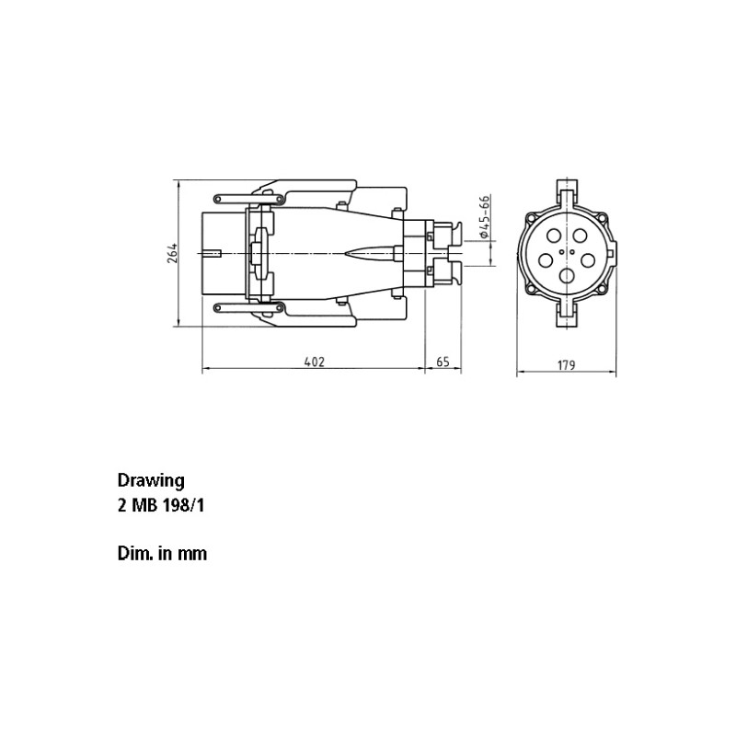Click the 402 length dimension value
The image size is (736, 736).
pos(315,362)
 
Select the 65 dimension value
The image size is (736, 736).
pos(443,362)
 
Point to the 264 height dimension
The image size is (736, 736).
pos(172,253)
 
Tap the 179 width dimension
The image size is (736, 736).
pos(566,364)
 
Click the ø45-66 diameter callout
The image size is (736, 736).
pos(485,216)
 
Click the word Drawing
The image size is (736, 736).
pos(151,481)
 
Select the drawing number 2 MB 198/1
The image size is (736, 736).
pos(160,505)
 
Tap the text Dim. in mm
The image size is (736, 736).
pos(162,554)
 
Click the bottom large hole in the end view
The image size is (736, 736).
pos(568,276)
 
